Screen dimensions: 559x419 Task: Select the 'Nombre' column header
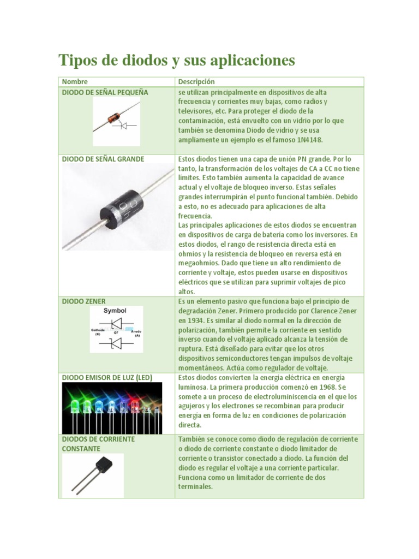pyautogui.click(x=75, y=81)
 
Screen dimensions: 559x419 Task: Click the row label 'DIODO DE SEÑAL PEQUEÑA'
pyautogui.click(x=105, y=92)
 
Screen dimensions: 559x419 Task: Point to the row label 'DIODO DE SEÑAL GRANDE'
pyautogui.click(x=103, y=159)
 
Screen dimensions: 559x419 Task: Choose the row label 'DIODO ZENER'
pyautogui.click(x=84, y=301)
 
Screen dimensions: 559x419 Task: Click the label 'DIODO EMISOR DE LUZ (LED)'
pyautogui.click(x=106, y=377)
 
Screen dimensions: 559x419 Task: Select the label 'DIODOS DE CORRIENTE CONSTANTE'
pyautogui.click(x=98, y=443)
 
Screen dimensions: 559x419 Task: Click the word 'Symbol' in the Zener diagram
pyautogui.click(x=115, y=311)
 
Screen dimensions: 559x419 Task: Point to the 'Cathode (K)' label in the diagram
pyautogui.click(x=98, y=332)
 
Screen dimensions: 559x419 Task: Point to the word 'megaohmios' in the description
pyautogui.click(x=195, y=263)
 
